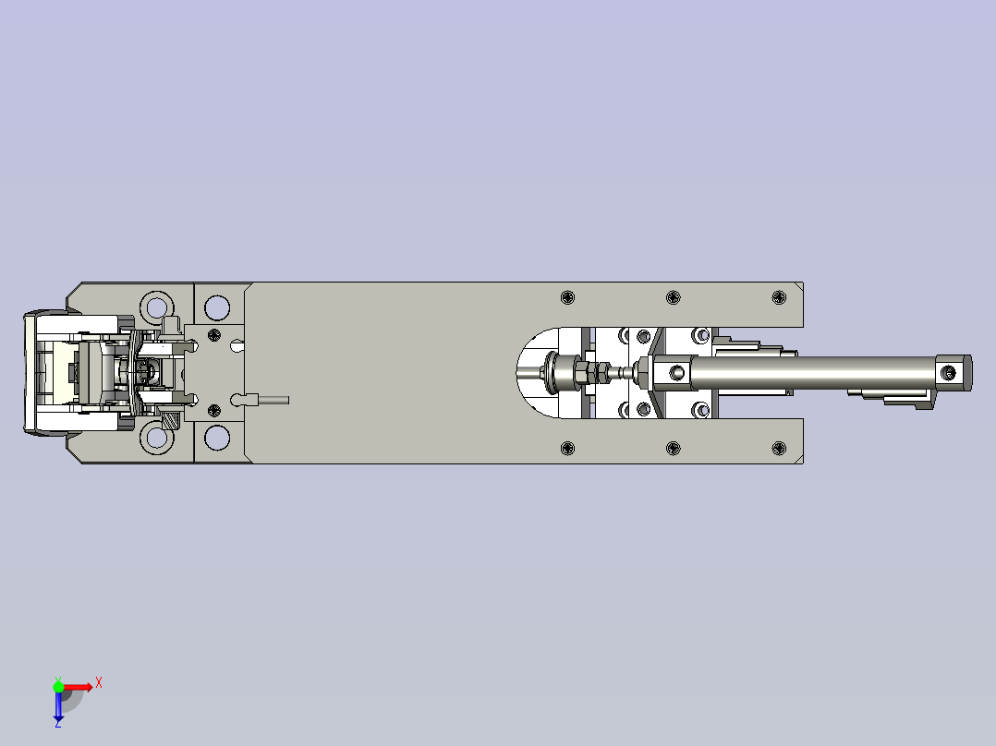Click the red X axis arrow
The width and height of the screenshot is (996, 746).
click(x=78, y=687)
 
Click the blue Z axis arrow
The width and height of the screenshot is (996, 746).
click(x=58, y=706)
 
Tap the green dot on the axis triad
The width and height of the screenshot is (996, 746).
click(x=58, y=687)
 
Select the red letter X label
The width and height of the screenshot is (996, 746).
click(x=99, y=682)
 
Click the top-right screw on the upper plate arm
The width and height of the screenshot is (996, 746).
click(x=779, y=296)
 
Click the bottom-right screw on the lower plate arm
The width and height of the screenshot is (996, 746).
click(x=779, y=449)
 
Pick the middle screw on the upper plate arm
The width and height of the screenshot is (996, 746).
click(x=674, y=296)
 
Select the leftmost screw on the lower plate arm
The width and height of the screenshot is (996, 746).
click(x=567, y=449)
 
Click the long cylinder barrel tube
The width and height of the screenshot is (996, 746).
click(x=813, y=373)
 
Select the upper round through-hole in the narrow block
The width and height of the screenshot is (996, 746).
click(x=217, y=307)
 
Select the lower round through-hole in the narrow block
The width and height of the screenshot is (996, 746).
click(x=217, y=438)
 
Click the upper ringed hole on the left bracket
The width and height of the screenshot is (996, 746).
click(x=156, y=306)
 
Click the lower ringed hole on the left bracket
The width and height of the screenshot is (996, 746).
click(x=156, y=439)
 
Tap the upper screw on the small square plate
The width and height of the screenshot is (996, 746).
click(x=215, y=334)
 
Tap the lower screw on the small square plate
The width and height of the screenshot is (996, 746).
click(x=215, y=410)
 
